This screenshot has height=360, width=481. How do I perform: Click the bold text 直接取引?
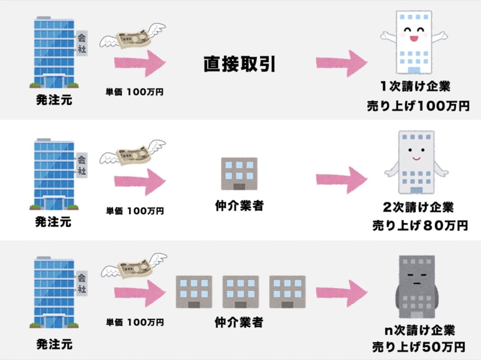tap(240, 63)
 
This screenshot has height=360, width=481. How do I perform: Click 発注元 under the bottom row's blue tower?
tap(54, 344)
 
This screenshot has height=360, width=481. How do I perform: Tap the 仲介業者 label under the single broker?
tap(239, 206)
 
